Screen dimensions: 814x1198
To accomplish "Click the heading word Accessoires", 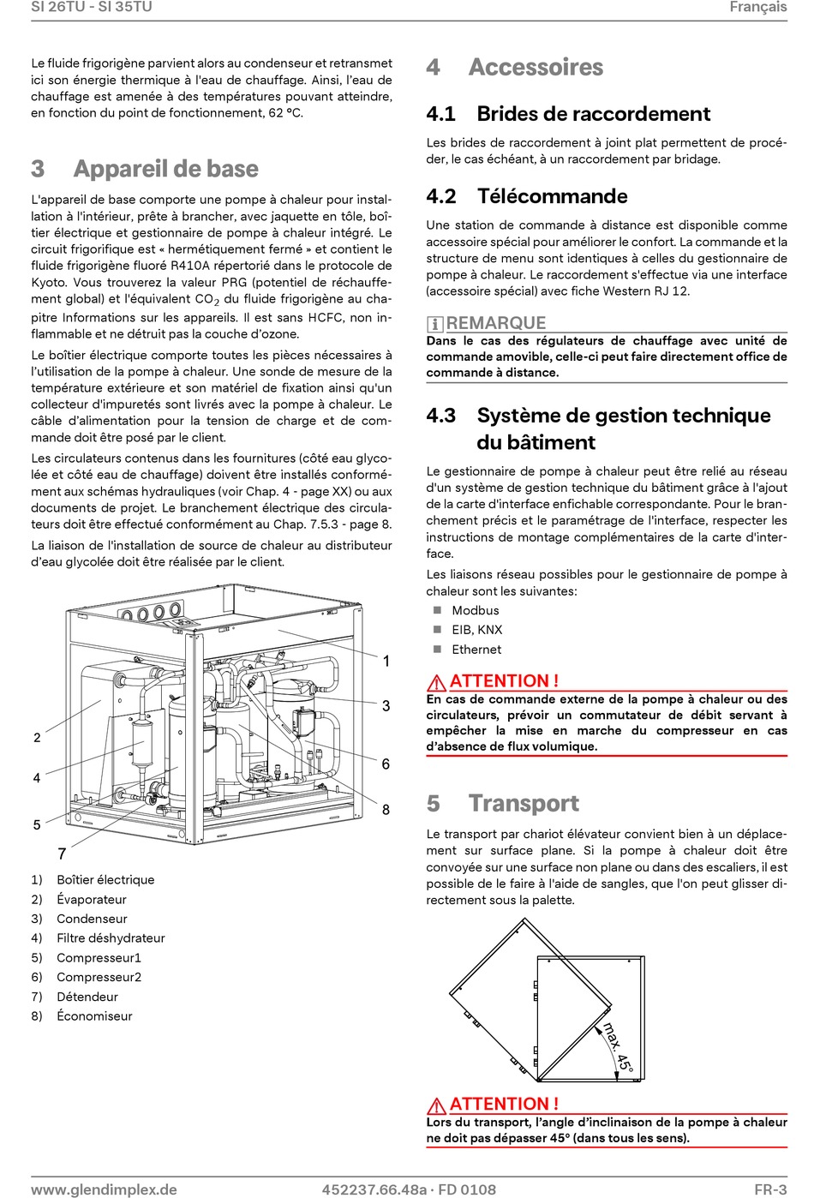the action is (x=536, y=68).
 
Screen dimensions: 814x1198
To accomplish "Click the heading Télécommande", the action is (x=552, y=196).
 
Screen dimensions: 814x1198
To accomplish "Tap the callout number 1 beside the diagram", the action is (x=386, y=661).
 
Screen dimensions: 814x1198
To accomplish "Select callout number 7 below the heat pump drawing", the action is (x=62, y=854).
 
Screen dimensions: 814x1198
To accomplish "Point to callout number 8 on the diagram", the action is (x=386, y=810).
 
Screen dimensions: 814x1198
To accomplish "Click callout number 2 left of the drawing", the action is (x=37, y=738).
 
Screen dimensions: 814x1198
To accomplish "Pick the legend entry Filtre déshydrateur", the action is (x=111, y=937).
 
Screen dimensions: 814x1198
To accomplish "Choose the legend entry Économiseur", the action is (x=94, y=1015).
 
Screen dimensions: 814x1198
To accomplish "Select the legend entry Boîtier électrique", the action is (x=105, y=879).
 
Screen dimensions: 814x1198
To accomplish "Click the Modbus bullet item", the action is (x=475, y=610).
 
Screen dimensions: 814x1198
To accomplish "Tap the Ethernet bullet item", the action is (x=476, y=650).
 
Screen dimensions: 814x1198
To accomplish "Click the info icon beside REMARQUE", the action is (x=434, y=324).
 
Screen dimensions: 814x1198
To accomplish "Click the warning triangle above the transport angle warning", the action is (x=436, y=1105).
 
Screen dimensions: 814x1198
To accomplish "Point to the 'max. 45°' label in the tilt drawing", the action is (x=618, y=1049).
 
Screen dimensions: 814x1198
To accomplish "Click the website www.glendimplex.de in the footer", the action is (x=104, y=1189).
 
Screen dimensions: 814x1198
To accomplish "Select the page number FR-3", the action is (x=770, y=1189).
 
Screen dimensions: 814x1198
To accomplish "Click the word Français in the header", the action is (x=757, y=7).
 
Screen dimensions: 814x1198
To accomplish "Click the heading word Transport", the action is (x=524, y=803).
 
